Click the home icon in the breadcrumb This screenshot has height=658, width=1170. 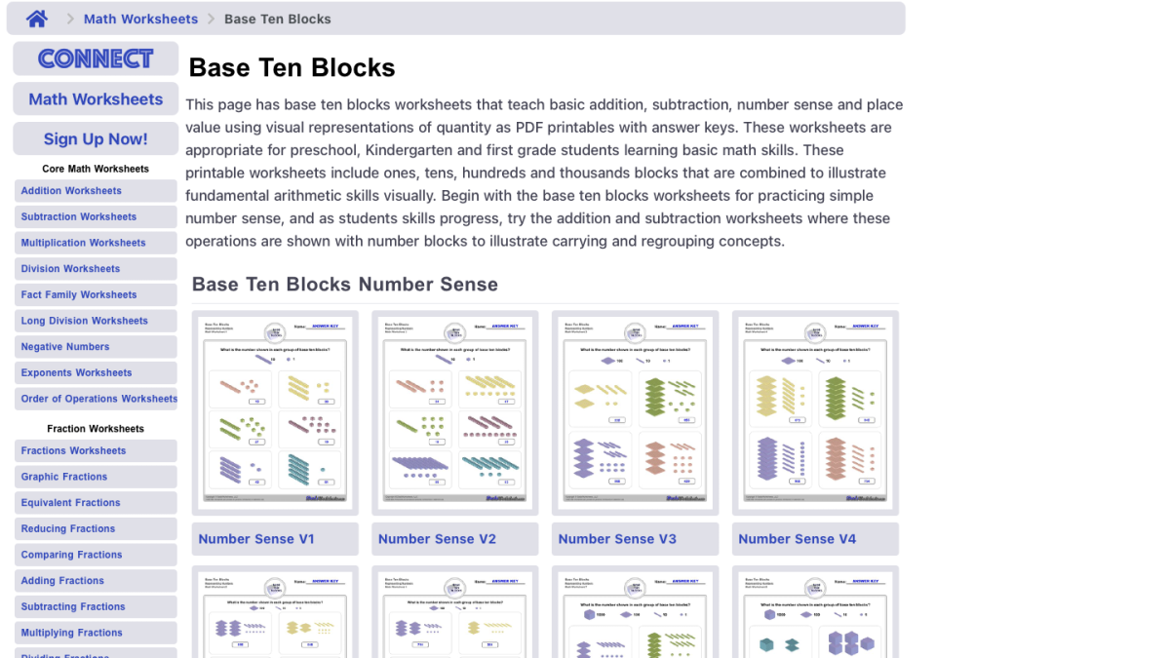(37, 19)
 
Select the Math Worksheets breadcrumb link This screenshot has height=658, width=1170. (140, 19)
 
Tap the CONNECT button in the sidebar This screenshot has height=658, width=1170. (96, 58)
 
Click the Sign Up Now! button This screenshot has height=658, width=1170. (96, 138)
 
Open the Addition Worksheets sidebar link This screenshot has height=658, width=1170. (71, 191)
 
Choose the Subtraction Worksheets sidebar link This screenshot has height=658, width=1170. (79, 216)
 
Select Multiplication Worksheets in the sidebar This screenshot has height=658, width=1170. (83, 243)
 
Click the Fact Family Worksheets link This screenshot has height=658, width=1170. (79, 294)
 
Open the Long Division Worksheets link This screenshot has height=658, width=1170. (85, 321)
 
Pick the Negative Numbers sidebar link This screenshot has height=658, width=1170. (65, 347)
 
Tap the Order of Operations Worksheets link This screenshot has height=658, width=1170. (98, 399)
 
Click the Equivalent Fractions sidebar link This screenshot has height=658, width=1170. (71, 503)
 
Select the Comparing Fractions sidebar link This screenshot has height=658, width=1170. (72, 555)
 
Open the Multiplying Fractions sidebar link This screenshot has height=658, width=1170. (72, 633)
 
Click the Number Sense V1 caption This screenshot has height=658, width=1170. (256, 539)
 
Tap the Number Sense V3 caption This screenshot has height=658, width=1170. (617, 539)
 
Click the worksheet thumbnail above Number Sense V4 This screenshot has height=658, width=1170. (815, 412)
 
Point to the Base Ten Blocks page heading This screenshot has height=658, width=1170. (292, 67)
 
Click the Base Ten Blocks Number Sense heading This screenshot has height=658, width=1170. (345, 285)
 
